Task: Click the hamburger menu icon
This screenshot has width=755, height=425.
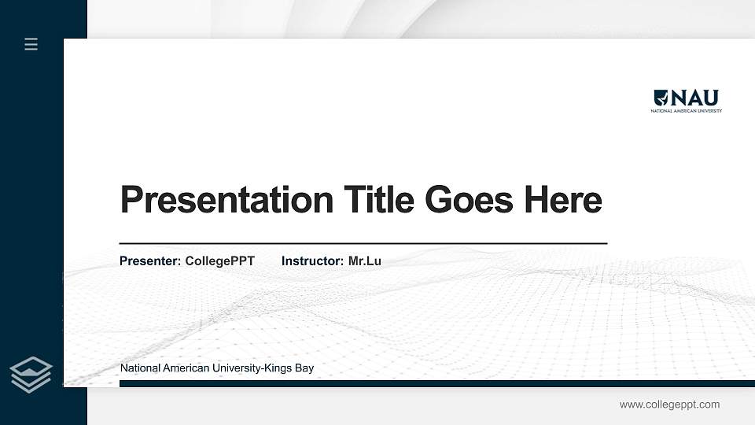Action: click(x=31, y=44)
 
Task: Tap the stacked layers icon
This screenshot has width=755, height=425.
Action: click(x=31, y=375)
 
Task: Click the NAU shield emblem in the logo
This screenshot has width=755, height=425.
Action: click(x=661, y=98)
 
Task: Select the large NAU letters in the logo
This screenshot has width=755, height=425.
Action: click(x=694, y=98)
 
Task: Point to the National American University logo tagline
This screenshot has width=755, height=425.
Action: click(x=686, y=111)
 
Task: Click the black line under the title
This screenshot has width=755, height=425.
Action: click(x=363, y=244)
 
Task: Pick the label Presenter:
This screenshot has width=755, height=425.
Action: click(x=150, y=261)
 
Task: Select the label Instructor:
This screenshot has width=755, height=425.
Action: click(x=312, y=261)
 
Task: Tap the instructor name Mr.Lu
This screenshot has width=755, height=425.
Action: click(x=364, y=261)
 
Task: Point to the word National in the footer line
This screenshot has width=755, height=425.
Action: click(x=139, y=368)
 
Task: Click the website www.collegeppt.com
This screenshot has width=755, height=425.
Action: click(x=669, y=405)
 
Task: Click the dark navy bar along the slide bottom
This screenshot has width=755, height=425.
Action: click(x=436, y=383)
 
